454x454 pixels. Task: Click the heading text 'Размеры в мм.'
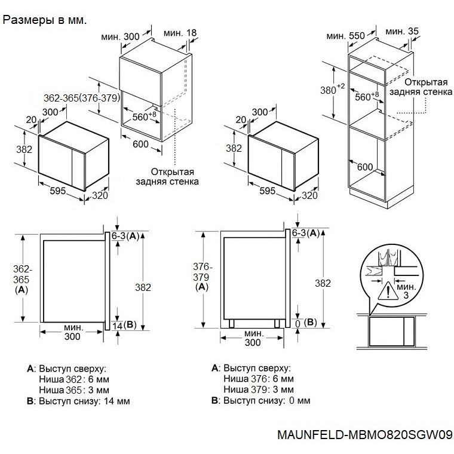point(45,20)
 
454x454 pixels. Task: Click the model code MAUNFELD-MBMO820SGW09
point(365,435)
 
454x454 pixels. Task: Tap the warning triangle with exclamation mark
point(388,292)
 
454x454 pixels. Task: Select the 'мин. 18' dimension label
point(180,33)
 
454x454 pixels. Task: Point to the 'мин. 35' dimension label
point(402,31)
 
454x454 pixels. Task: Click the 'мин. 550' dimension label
point(345,36)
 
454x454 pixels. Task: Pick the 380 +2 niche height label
point(332,89)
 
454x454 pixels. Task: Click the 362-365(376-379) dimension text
point(82,98)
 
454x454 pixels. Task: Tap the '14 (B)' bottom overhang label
point(124,325)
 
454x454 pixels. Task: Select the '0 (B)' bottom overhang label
point(306,323)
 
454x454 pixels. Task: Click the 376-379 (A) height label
point(202,277)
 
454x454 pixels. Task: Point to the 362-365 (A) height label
point(22,279)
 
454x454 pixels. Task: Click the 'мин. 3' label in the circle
point(406,291)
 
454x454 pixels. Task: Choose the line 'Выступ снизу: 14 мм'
point(78,401)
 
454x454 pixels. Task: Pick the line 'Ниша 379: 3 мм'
point(259,389)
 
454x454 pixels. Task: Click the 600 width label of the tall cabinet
point(365,167)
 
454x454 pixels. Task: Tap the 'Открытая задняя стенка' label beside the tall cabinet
point(421,87)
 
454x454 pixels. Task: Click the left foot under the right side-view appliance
point(231,323)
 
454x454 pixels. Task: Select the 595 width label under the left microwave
point(57,191)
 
